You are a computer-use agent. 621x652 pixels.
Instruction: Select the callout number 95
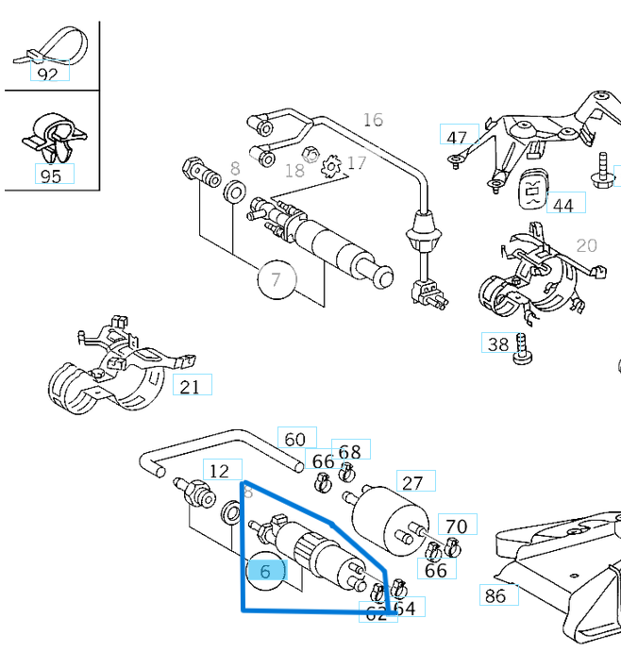coord(51,175)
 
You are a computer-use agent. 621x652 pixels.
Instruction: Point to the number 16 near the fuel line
coord(373,120)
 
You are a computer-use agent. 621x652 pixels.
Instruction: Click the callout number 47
coord(457,137)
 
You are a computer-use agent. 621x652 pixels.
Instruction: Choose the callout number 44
coord(562,205)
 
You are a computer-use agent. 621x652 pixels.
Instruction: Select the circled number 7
coord(276,279)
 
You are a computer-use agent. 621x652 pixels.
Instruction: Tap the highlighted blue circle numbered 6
coord(265,571)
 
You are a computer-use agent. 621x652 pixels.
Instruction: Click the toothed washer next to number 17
coord(331,167)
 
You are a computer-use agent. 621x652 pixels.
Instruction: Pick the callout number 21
coord(190,386)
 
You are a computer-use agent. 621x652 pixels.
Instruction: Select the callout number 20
coord(586,245)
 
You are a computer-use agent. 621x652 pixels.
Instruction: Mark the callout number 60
coord(295,439)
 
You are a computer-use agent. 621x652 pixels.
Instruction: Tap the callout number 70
coord(456,527)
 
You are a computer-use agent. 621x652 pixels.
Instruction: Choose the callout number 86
coord(495,594)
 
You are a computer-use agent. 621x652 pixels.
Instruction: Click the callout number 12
coord(219,471)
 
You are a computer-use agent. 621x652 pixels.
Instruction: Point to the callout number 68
coord(349,451)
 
